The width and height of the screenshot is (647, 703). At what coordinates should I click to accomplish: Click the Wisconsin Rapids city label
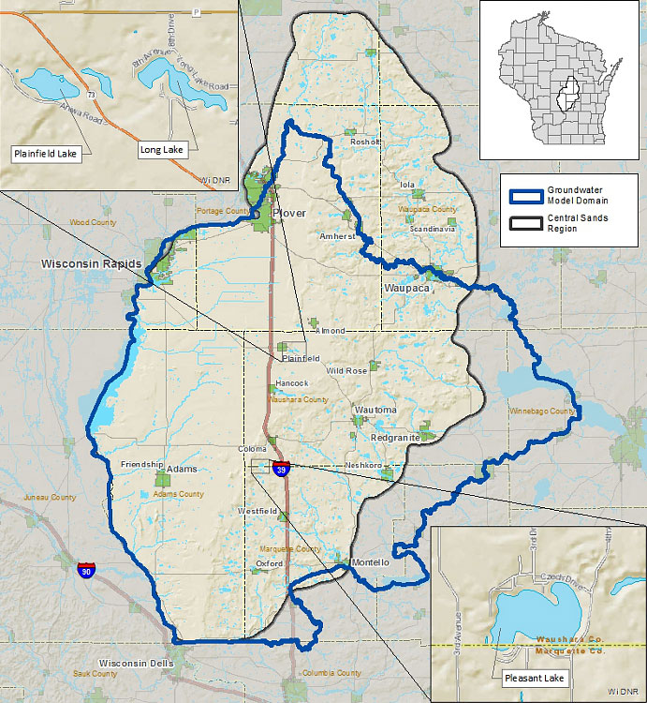tap(91, 265)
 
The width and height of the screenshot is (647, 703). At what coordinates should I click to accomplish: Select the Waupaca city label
tap(406, 289)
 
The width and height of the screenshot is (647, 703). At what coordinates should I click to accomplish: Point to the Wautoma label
tap(375, 411)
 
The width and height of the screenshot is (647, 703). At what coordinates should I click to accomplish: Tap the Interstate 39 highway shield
tap(280, 467)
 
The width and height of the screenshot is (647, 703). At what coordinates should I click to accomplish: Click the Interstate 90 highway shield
tap(86, 571)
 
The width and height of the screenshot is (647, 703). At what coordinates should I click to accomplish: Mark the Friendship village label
tap(141, 464)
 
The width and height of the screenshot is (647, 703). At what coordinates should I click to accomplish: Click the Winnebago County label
tap(542, 411)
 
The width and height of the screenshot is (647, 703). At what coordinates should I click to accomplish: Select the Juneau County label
tap(51, 498)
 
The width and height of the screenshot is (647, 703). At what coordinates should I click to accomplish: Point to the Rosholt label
tap(364, 142)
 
